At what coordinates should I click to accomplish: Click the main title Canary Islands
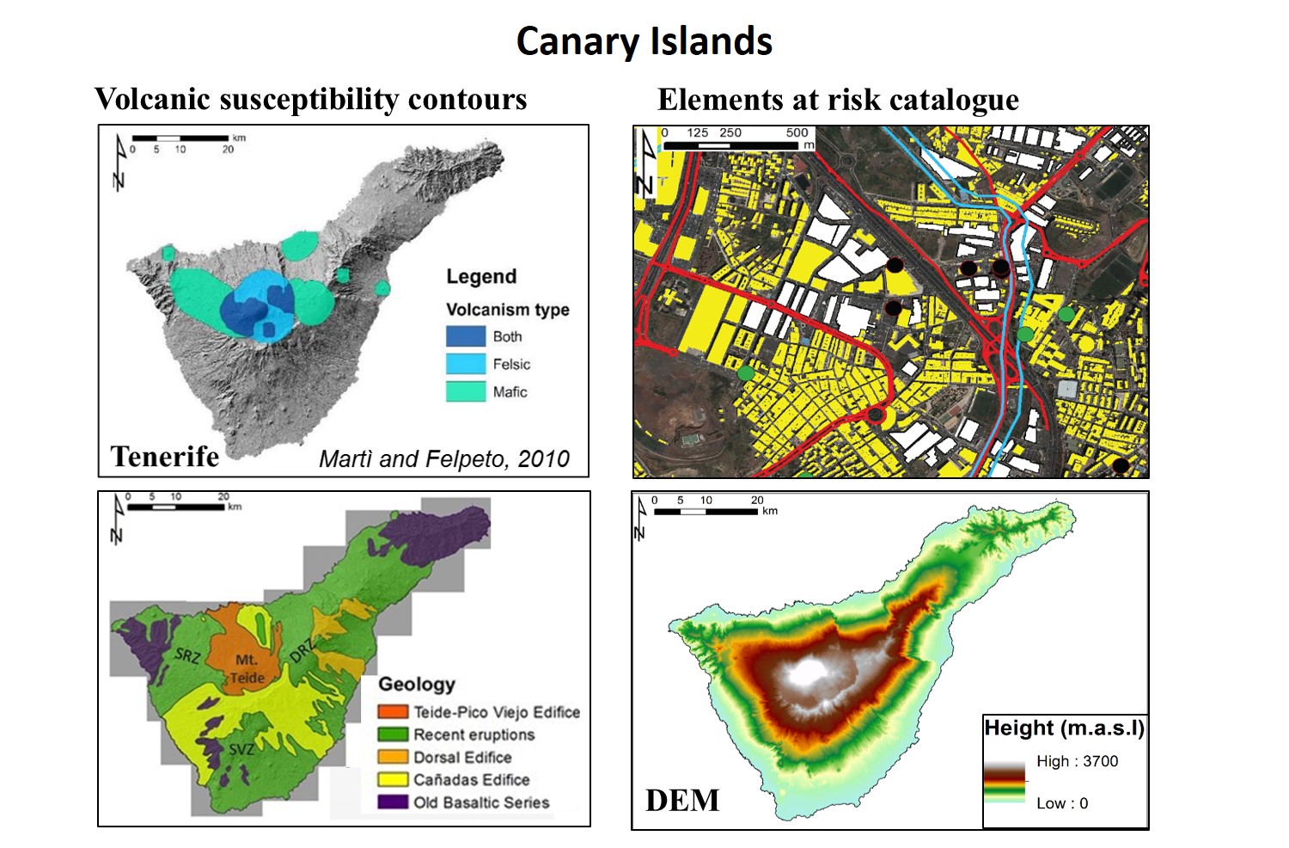coord(644,41)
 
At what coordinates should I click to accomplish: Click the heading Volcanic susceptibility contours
coord(310,99)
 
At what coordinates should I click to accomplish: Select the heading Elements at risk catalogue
coord(838,100)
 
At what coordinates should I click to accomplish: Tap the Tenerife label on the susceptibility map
coord(164,456)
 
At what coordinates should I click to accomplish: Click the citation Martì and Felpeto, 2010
coord(443,458)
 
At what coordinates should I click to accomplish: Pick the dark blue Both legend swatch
coord(465,336)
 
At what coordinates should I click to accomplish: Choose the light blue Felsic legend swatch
coord(465,364)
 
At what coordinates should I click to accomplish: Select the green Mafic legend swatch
coord(465,391)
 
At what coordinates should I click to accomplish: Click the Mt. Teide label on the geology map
coord(247,668)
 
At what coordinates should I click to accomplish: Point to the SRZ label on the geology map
coord(187,656)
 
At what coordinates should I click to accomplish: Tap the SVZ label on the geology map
coord(241,749)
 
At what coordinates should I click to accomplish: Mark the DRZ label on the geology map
coord(302,650)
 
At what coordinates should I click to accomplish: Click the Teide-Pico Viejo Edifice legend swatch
coord(393,712)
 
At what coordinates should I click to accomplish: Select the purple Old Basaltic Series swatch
coord(393,802)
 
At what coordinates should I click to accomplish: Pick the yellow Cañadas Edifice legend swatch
coord(393,779)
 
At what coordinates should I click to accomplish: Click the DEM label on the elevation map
coord(682,800)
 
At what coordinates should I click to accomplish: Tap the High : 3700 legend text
coord(1077,761)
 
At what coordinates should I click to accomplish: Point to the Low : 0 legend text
coord(1061,803)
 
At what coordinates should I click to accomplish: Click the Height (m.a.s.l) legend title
coord(1064,728)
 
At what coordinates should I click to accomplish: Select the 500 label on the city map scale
coord(797,132)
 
